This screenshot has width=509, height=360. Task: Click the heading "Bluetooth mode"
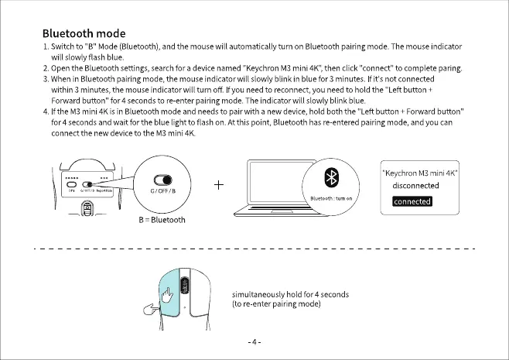click(x=83, y=34)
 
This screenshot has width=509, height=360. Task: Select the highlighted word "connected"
click(x=412, y=201)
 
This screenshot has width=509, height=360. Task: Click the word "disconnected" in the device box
click(x=415, y=186)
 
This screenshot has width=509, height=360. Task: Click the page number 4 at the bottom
click(x=254, y=341)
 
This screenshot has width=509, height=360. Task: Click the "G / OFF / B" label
click(x=162, y=190)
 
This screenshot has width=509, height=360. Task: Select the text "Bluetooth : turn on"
click(x=331, y=199)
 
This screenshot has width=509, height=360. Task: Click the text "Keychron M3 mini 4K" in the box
click(x=422, y=173)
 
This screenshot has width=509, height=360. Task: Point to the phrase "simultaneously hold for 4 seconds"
click(x=290, y=294)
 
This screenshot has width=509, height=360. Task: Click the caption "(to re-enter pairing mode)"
click(x=276, y=303)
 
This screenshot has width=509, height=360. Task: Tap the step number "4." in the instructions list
click(x=46, y=112)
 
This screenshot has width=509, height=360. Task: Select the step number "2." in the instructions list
click(x=46, y=68)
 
